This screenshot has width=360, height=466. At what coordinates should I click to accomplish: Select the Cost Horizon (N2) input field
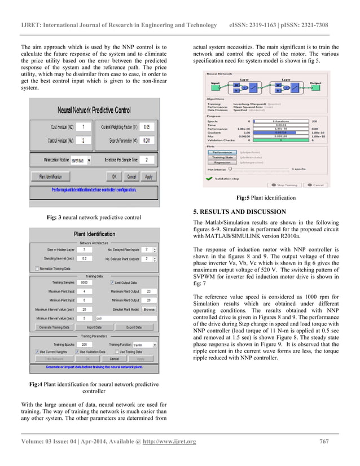[x=83, y=127]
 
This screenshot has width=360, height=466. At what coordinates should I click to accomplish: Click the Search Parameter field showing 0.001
[x=146, y=140]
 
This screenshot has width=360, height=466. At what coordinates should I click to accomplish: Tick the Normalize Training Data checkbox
[x=38, y=269]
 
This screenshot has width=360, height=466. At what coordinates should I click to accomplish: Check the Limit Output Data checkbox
[x=111, y=283]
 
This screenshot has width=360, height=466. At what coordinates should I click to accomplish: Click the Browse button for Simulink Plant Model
[x=149, y=310]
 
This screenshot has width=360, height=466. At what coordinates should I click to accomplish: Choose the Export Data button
[x=133, y=327]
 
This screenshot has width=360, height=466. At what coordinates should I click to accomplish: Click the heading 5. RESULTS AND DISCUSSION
[x=239, y=212]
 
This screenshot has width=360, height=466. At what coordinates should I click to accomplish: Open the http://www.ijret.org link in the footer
[x=169, y=442]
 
